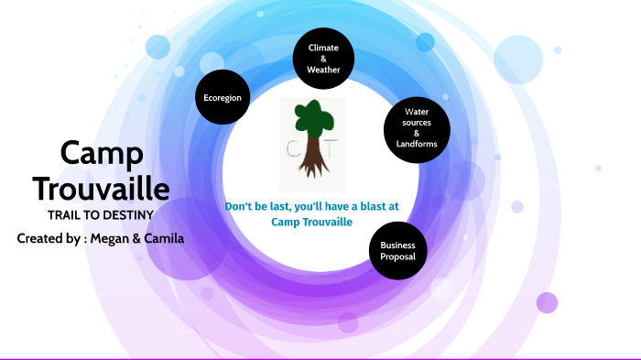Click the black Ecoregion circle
[x=223, y=97]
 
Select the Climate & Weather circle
[x=323, y=58]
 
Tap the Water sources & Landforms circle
[x=416, y=129]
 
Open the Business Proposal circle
[x=397, y=251]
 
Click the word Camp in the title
[x=101, y=153]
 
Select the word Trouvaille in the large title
[x=101, y=189]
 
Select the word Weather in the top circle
[x=323, y=70]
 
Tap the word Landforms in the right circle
[x=417, y=144]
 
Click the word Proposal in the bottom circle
[x=397, y=257]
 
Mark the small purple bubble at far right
[x=547, y=302]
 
